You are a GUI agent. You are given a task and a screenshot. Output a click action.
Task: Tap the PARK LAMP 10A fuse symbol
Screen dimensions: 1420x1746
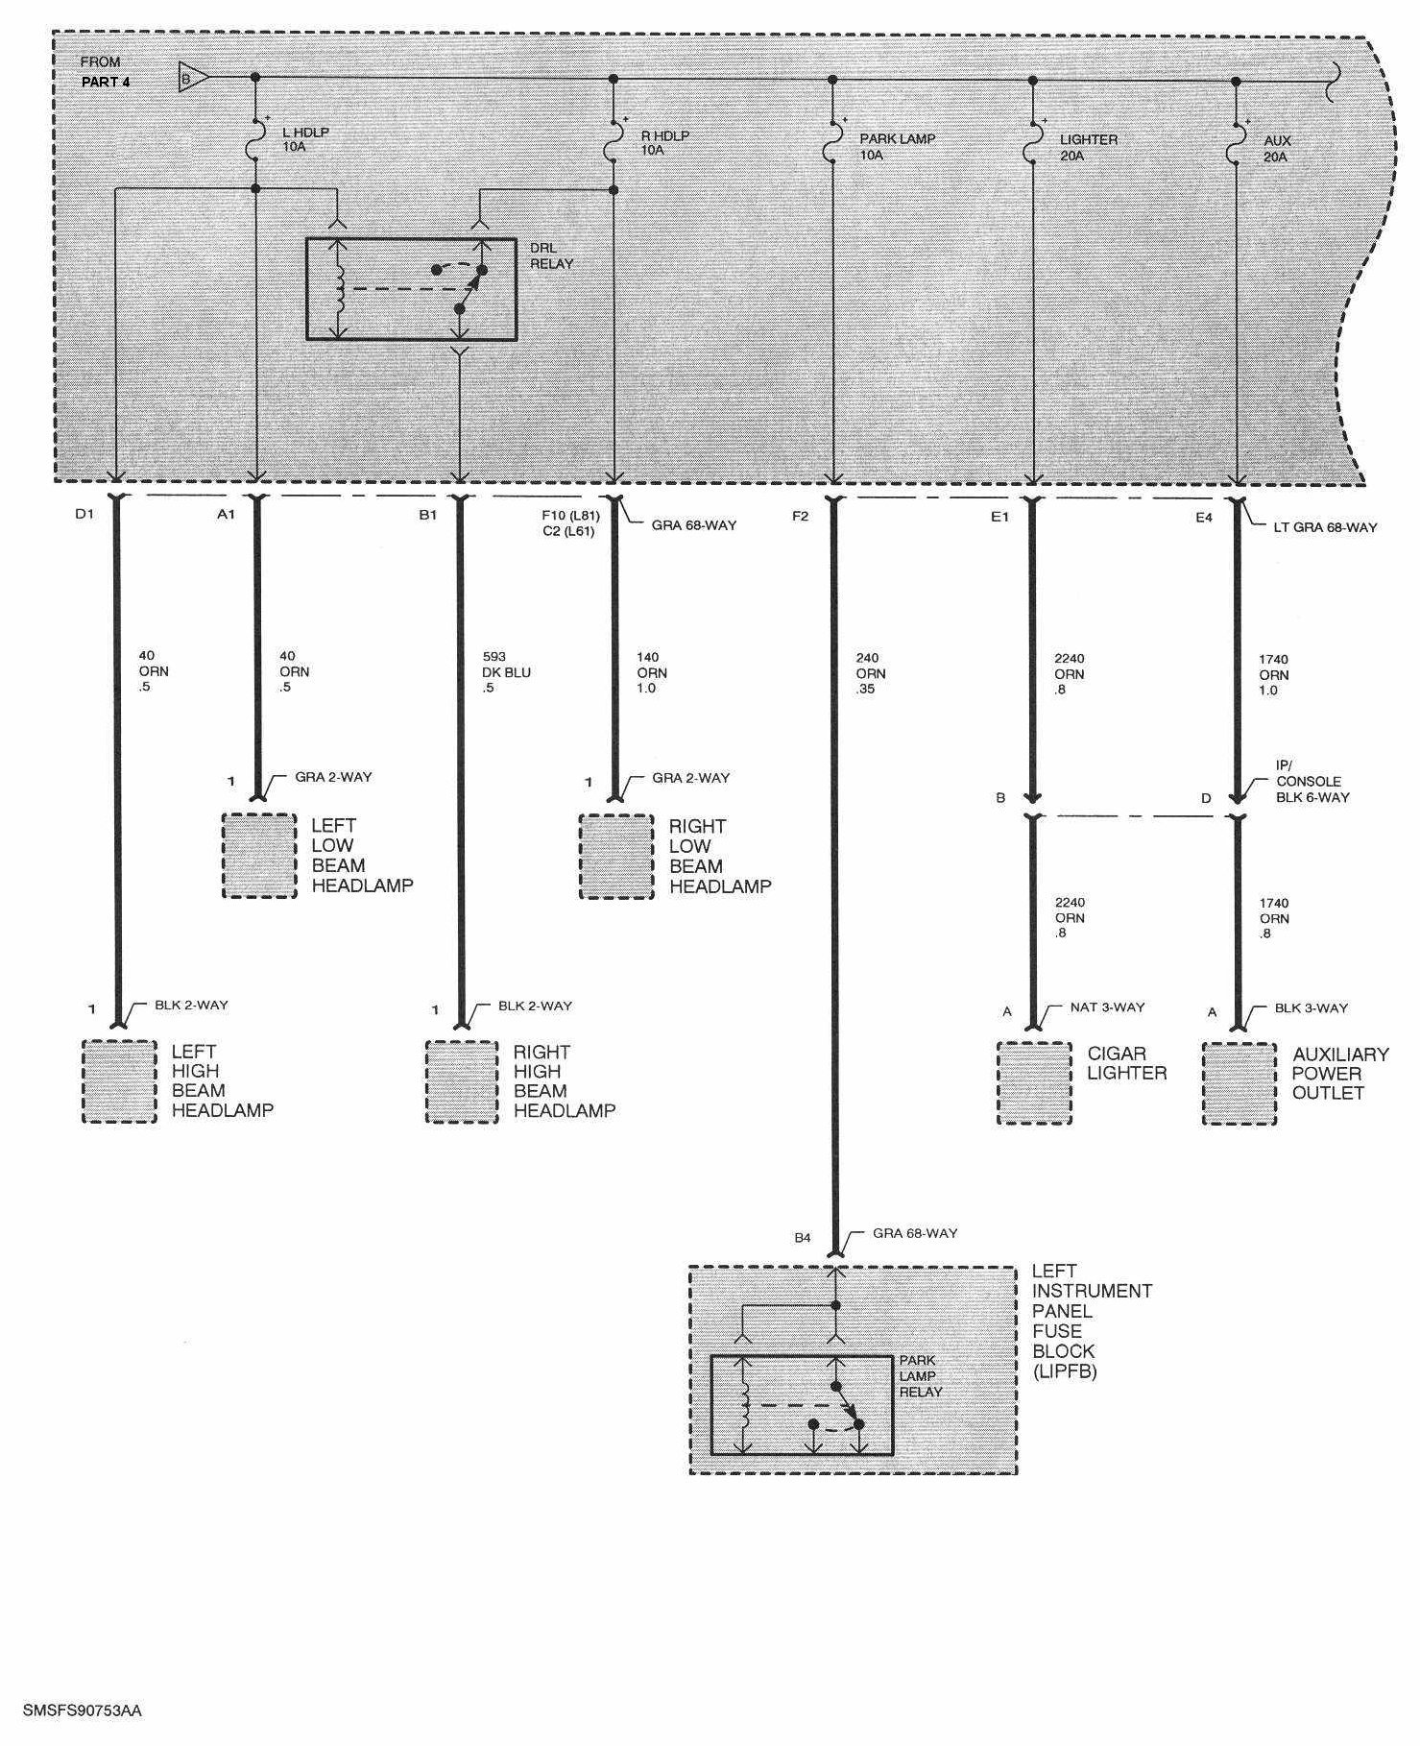(831, 144)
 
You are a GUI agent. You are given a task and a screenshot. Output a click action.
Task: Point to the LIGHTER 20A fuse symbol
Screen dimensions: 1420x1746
(1032, 145)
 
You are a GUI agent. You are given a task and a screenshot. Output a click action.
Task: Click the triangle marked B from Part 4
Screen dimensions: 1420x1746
(192, 77)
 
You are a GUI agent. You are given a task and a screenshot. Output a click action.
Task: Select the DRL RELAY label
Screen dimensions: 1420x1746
(551, 255)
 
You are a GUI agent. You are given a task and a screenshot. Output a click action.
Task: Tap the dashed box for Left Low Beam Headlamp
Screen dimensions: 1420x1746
(259, 856)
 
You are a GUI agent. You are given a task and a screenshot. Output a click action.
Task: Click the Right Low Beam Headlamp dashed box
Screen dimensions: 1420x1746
(616, 857)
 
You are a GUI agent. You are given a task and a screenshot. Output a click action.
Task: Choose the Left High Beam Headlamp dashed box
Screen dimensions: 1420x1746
(119, 1082)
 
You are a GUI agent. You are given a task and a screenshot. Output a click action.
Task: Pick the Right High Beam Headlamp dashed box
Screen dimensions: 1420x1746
(462, 1082)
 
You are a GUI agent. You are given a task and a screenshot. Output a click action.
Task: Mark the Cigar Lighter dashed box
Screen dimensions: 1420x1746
(1034, 1083)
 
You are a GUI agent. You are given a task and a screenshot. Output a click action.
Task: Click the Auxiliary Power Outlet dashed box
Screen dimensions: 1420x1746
(1239, 1084)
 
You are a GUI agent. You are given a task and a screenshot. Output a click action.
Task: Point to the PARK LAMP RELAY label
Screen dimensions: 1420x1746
(921, 1376)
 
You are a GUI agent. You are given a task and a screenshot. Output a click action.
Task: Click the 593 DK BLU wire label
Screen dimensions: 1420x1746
(506, 672)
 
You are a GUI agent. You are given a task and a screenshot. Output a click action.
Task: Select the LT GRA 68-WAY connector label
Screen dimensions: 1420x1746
(1325, 527)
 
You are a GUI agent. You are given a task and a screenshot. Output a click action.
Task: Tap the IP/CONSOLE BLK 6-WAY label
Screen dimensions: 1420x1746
(1312, 781)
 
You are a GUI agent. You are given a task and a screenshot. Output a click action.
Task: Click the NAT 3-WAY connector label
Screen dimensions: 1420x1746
(1107, 1007)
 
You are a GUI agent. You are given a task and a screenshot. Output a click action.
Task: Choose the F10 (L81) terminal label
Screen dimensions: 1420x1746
(570, 516)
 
